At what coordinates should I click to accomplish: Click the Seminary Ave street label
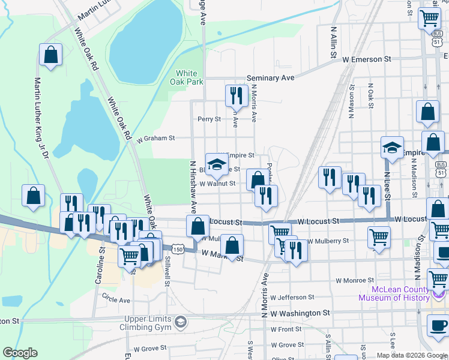(271, 78)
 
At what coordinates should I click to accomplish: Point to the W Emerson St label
(367, 59)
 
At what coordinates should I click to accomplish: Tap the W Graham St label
(155, 138)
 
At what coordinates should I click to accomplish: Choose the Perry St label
(209, 119)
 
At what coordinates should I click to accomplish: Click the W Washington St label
(300, 313)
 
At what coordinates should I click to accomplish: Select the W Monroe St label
(355, 280)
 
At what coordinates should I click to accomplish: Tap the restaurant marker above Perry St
(236, 95)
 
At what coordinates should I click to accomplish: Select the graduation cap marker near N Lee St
(392, 148)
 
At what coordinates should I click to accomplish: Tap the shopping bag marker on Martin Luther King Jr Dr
(51, 55)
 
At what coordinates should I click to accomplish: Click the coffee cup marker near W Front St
(438, 325)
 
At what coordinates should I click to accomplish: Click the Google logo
(20, 352)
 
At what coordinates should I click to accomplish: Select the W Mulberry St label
(328, 241)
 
